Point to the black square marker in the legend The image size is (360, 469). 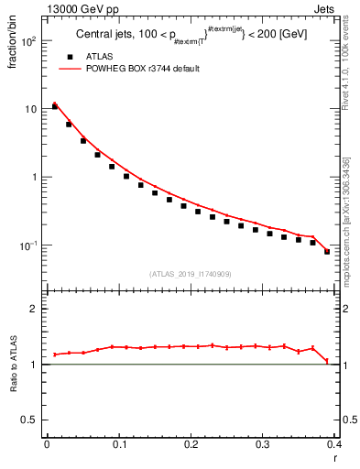click(71, 57)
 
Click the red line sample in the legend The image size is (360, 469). click(71, 69)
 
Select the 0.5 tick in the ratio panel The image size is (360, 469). click(28, 420)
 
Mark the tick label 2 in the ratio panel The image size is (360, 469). click(33, 310)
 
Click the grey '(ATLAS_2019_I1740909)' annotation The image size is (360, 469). click(191, 274)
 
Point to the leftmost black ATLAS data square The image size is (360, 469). click(54, 106)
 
